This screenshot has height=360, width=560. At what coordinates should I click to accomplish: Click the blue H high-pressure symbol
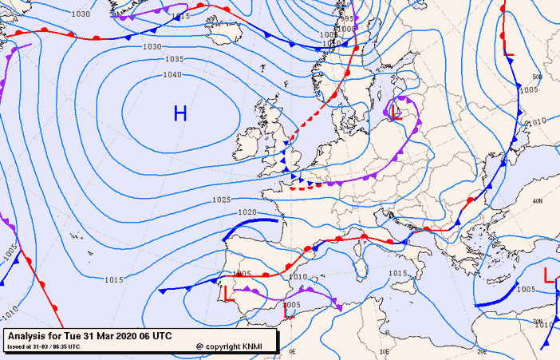(180, 113)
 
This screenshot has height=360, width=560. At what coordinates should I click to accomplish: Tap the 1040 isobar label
(172, 75)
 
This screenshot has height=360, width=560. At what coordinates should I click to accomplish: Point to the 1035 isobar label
(175, 60)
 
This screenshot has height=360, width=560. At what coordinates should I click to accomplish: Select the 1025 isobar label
(222, 200)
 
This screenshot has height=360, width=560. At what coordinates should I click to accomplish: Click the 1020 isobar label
(247, 212)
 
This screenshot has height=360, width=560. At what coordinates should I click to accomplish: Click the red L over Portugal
(227, 293)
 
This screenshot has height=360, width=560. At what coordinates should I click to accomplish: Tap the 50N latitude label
(537, 77)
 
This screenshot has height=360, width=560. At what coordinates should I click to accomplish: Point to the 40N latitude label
(537, 201)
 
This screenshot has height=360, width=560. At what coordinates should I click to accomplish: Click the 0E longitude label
(292, 350)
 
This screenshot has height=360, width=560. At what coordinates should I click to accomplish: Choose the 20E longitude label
(482, 350)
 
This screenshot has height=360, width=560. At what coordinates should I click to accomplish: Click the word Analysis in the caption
(30, 335)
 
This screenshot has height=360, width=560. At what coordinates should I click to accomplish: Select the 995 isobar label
(345, 18)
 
